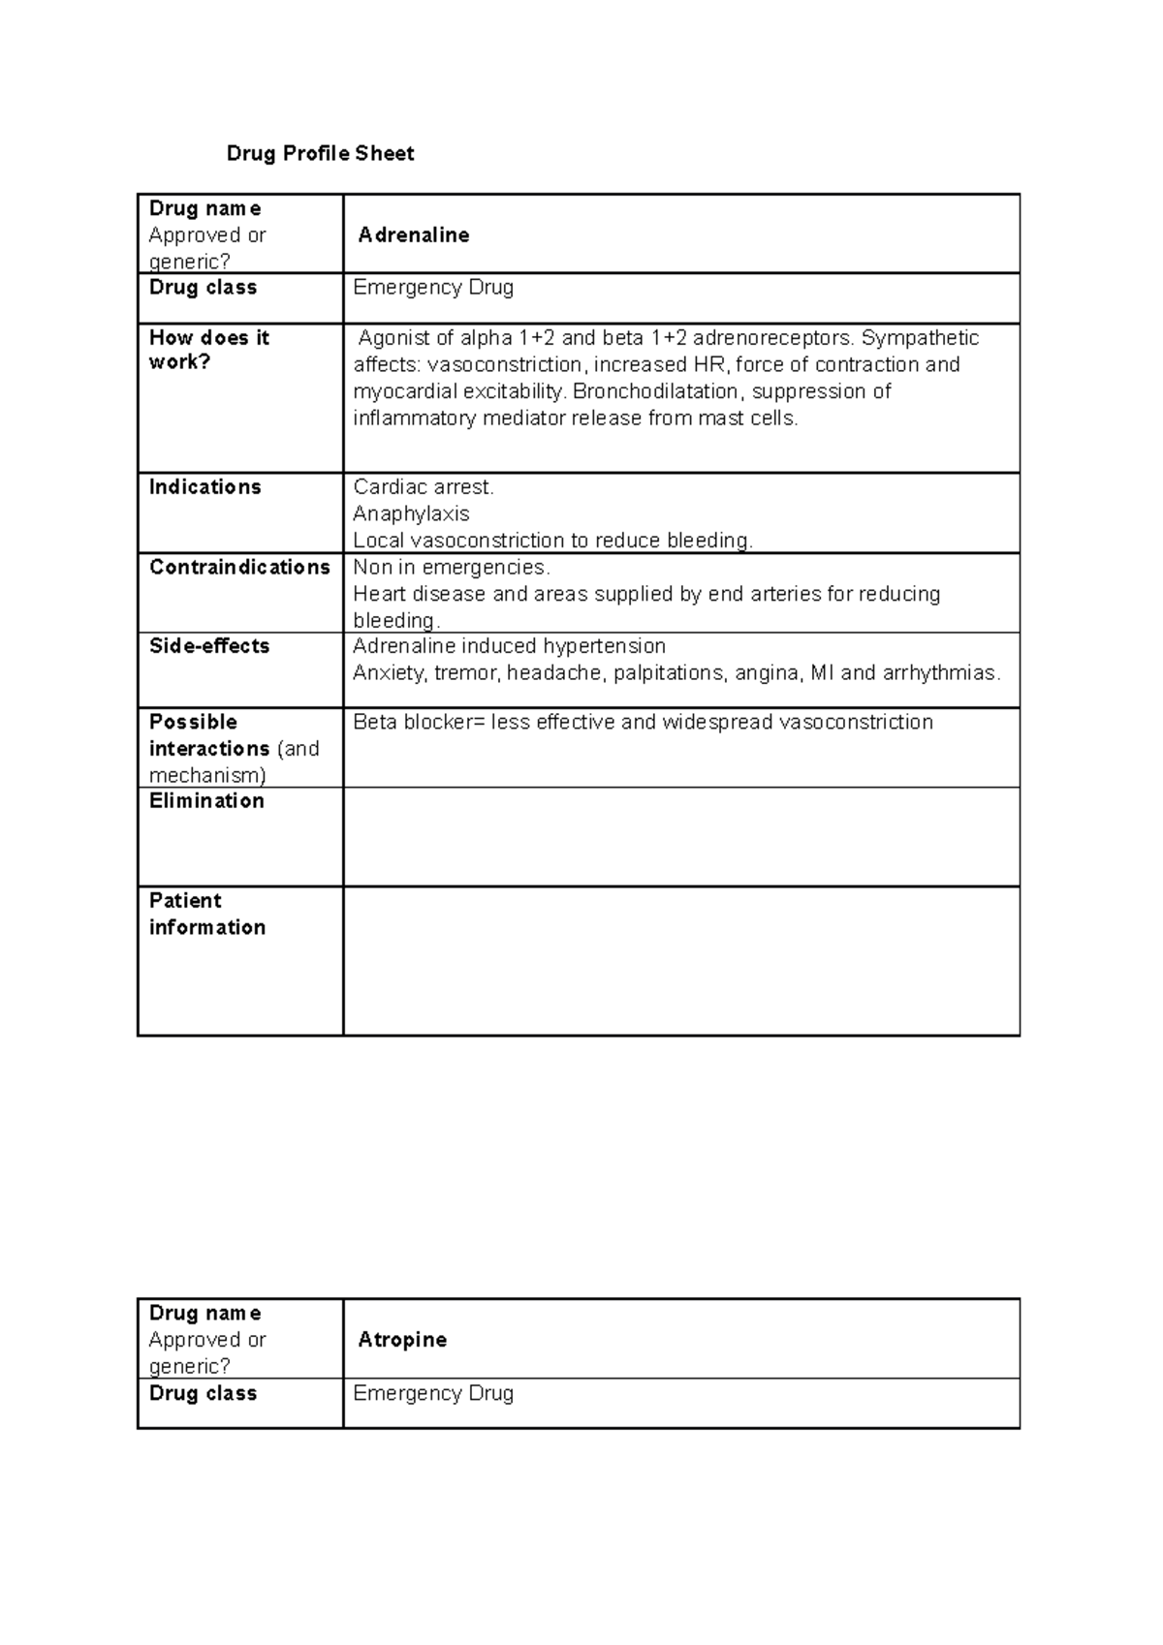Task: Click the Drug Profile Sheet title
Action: [x=320, y=153]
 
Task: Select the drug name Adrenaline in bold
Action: [x=414, y=235]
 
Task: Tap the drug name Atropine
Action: [x=402, y=1340]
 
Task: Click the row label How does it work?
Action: [x=208, y=350]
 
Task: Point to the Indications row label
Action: [x=204, y=487]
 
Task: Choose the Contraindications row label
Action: [x=239, y=568]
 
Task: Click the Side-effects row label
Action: [x=209, y=646]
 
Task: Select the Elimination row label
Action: [x=206, y=801]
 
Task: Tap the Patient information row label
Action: [x=206, y=914]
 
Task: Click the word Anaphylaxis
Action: [x=411, y=513]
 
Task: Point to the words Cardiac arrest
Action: [x=424, y=487]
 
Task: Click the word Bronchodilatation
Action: [x=655, y=391]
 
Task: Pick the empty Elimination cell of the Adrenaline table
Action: [x=680, y=836]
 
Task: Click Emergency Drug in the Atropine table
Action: [x=433, y=1394]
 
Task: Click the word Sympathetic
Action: [x=920, y=338]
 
